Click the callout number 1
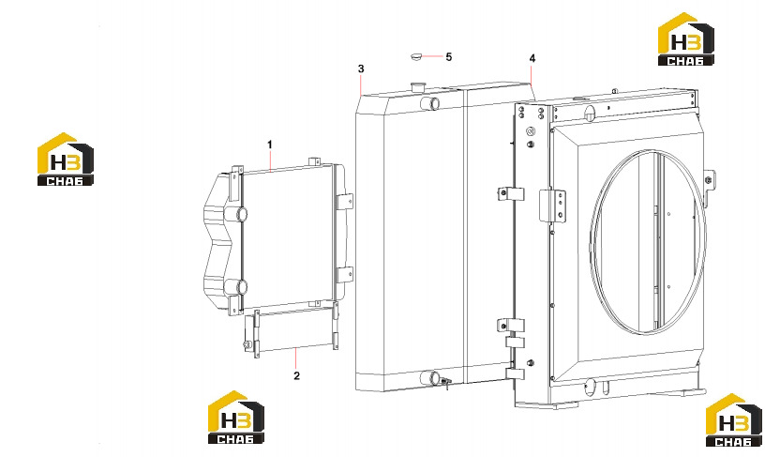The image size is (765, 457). click(x=270, y=145)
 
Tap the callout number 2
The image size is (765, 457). click(x=296, y=375)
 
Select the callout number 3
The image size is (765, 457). click(x=361, y=69)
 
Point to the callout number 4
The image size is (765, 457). click(x=532, y=58)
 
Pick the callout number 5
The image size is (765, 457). click(x=449, y=56)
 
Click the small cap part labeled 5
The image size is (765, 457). click(x=415, y=56)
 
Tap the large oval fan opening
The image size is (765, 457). click(x=648, y=242)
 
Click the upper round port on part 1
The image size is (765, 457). click(x=241, y=214)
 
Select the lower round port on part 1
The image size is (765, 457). click(x=241, y=286)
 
